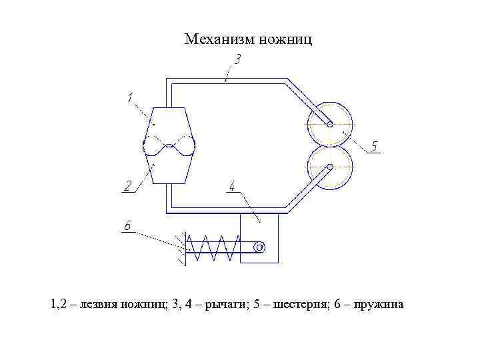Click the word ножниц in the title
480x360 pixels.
coord(284,41)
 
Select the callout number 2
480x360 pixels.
coord(127,186)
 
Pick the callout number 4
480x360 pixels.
coord(232,187)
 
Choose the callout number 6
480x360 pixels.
coord(127,227)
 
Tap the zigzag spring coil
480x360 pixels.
coord(212,247)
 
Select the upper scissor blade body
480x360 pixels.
coord(169,123)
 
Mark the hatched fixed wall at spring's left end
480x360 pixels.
coord(182,247)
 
